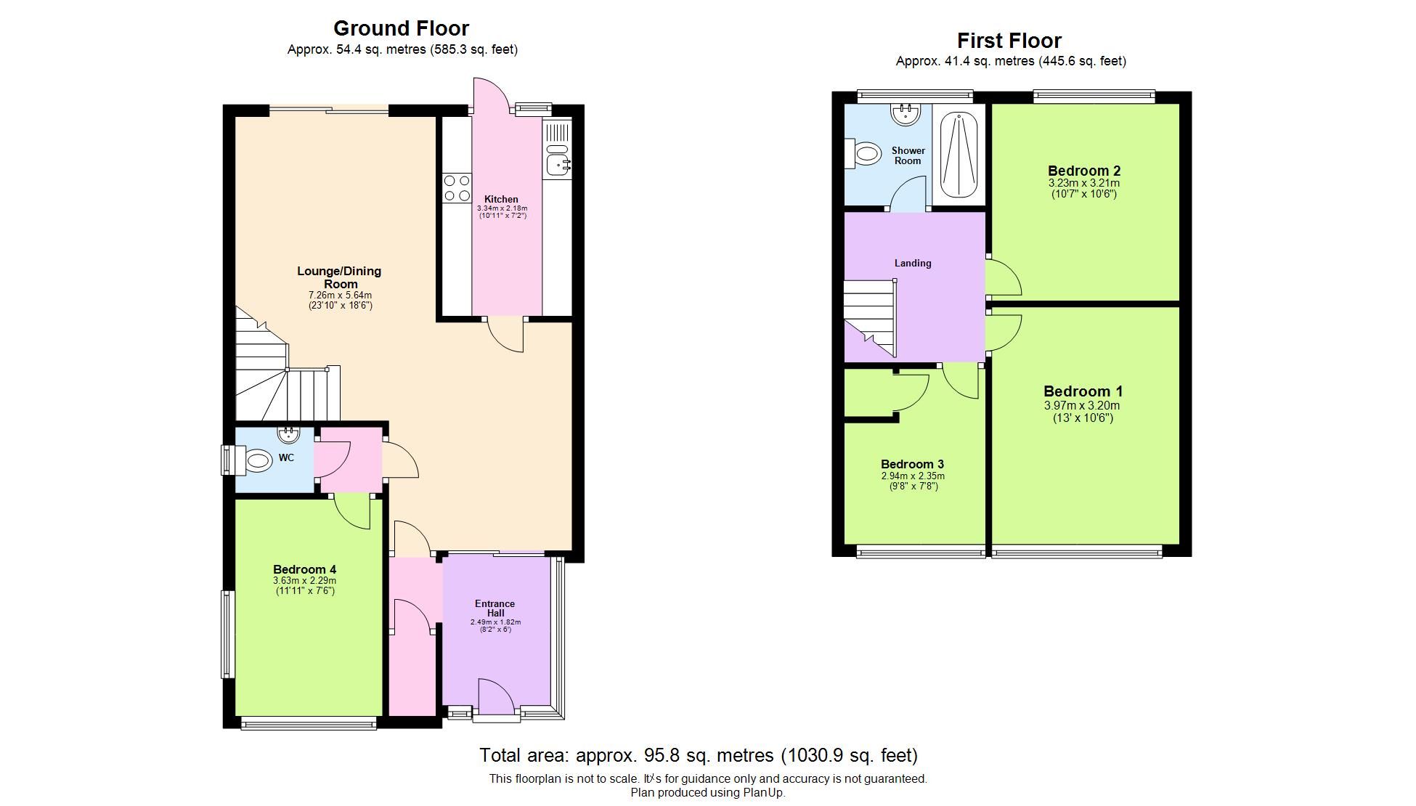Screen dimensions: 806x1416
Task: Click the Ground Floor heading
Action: point(401,28)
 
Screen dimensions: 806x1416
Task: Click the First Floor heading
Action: point(1009,41)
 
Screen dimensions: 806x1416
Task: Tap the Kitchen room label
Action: point(501,199)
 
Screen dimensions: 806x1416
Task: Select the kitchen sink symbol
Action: point(558,160)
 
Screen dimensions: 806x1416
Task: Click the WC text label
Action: point(286,457)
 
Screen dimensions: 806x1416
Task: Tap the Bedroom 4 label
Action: point(304,569)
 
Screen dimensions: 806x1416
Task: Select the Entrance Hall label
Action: point(495,608)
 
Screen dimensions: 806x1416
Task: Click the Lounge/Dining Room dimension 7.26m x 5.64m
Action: point(340,296)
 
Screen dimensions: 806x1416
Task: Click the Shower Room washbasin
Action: point(906,114)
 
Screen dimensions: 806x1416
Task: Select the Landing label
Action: point(912,263)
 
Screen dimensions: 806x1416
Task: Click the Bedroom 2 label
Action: point(1083,171)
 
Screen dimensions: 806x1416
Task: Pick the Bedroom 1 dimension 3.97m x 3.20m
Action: point(1082,406)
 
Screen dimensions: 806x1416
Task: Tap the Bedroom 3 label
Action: point(912,464)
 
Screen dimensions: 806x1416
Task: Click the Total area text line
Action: point(698,755)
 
